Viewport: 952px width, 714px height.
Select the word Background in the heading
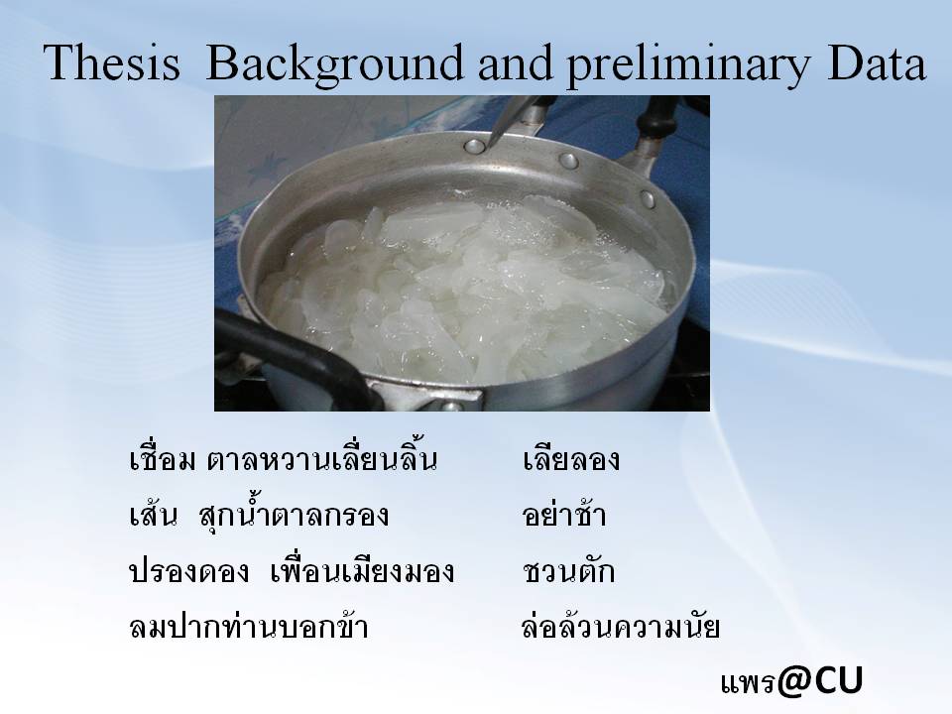(x=334, y=65)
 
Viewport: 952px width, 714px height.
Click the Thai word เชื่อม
(x=162, y=458)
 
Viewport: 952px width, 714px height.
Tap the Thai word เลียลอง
(x=571, y=459)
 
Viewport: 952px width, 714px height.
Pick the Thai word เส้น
(x=154, y=514)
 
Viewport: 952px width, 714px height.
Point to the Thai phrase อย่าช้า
(x=563, y=514)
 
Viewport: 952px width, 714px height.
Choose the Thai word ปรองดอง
(x=188, y=571)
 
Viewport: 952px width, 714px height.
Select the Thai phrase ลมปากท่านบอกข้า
(x=249, y=626)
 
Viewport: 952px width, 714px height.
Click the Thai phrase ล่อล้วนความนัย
(x=621, y=626)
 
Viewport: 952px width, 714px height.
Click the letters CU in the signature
(x=839, y=680)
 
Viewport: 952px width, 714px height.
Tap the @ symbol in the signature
(x=794, y=680)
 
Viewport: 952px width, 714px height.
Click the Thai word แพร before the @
(x=748, y=683)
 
